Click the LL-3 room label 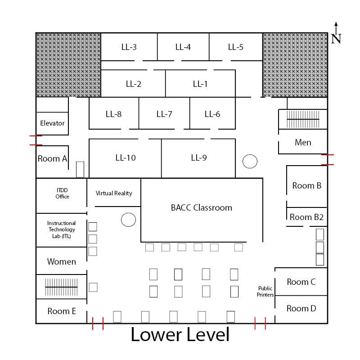point(129,47)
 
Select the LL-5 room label point(235,47)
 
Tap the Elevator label point(52,123)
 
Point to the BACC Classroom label point(201,207)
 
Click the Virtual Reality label point(114,193)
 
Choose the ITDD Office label point(62,193)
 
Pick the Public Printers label point(265,291)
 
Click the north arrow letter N point(336,39)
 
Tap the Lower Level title point(180,334)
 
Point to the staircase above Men point(303,119)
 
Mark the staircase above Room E point(61,287)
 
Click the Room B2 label point(306,217)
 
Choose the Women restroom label point(62,261)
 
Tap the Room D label point(301,308)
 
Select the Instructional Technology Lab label point(61,229)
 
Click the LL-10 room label point(126,158)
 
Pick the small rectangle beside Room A point(80,170)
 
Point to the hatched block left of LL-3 point(68,65)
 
